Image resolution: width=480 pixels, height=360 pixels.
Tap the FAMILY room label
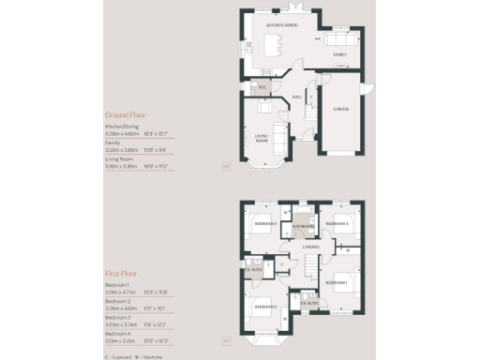pos(341,55)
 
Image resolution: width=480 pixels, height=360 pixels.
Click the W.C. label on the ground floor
pos(263,89)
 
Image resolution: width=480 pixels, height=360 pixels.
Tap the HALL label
pos(297,97)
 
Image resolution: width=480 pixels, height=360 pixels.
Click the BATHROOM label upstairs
pos(302,227)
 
